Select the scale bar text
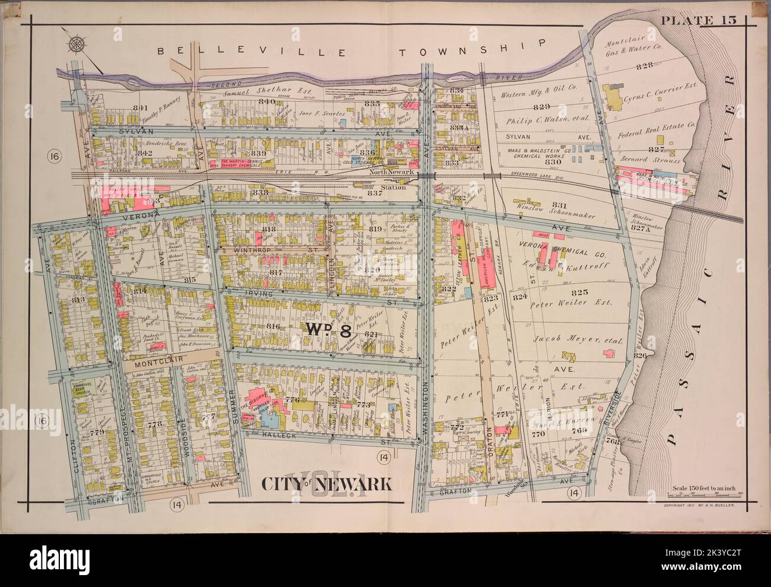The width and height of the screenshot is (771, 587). (703, 489)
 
